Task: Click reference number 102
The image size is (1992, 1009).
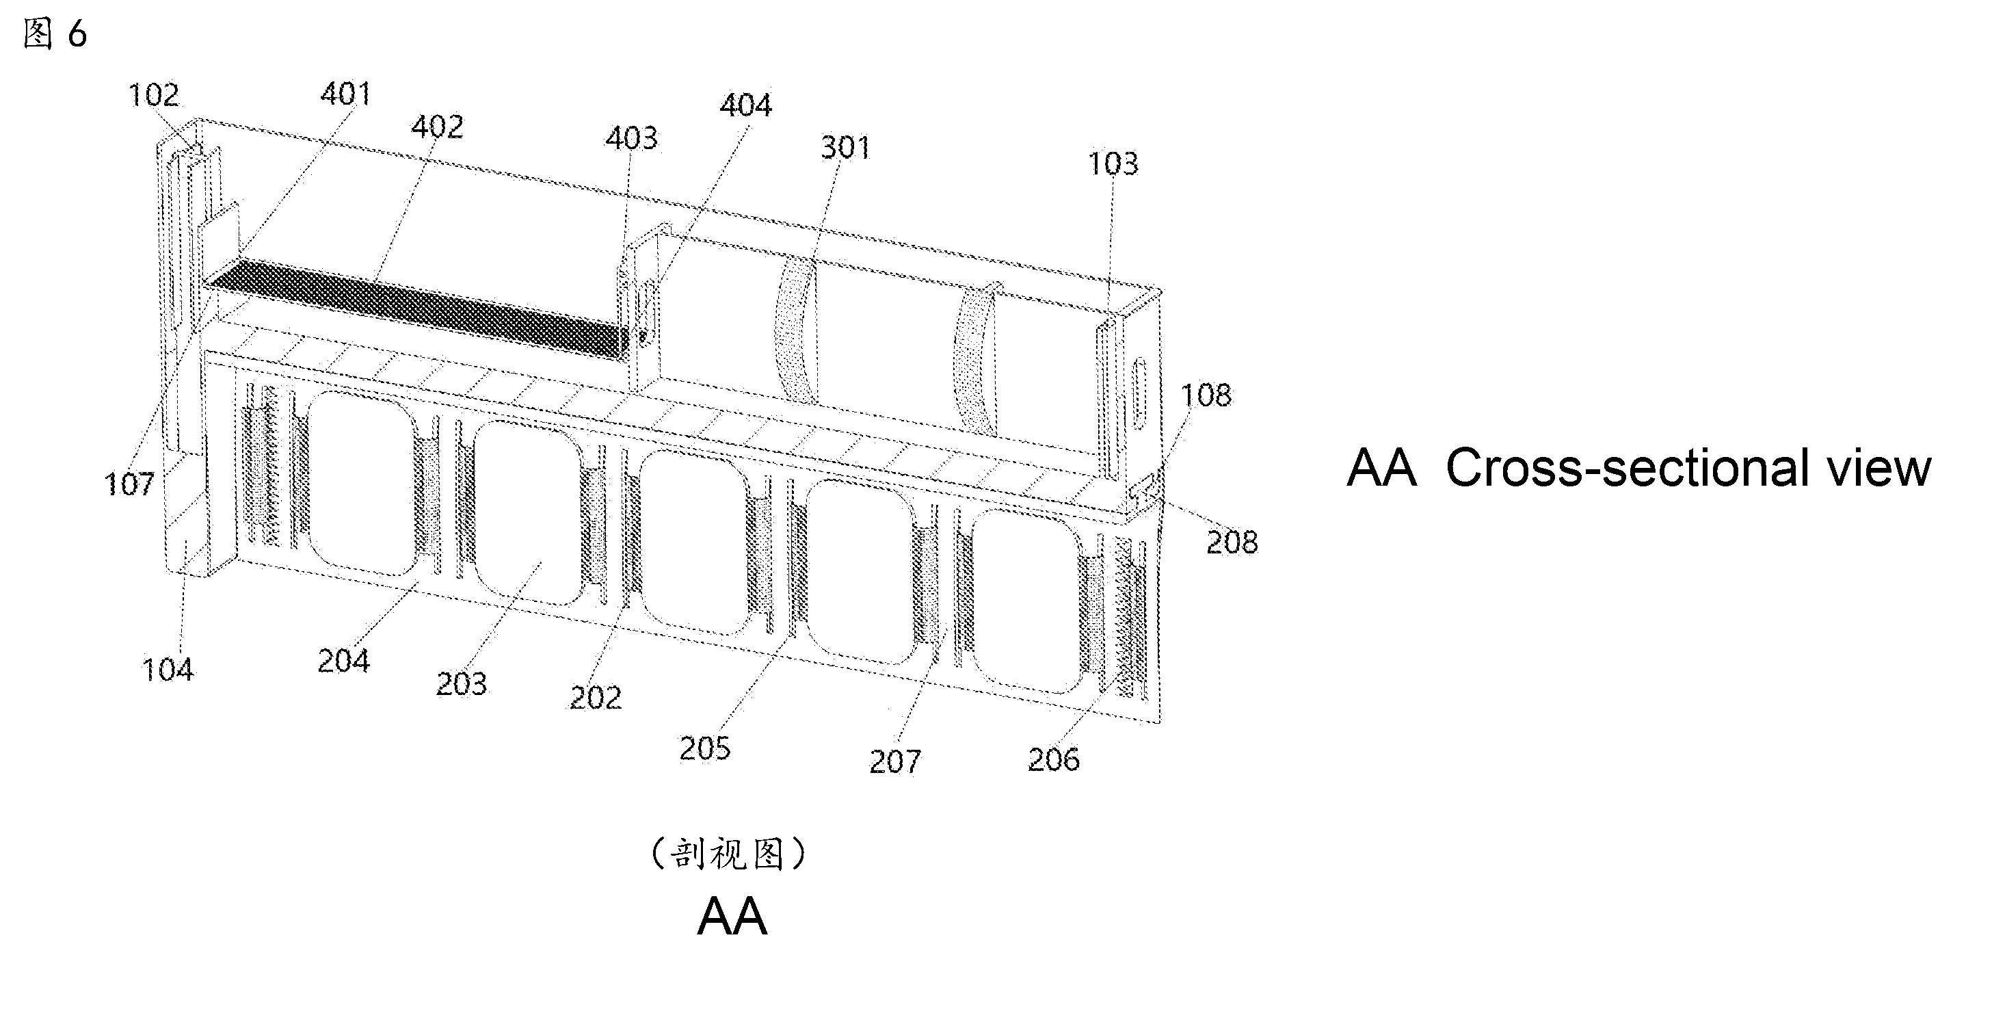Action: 154,95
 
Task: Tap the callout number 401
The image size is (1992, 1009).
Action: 345,94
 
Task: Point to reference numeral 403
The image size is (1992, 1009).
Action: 631,137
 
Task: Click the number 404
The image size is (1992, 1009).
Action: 745,105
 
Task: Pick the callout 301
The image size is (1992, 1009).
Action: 845,147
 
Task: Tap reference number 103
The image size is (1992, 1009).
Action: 1113,163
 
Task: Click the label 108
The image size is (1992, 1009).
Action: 1206,395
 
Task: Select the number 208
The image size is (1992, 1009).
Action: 1232,542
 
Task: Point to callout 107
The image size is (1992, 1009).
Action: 129,484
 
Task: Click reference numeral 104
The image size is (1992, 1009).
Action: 168,669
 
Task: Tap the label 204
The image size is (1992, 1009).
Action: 343,661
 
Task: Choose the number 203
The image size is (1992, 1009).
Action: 462,683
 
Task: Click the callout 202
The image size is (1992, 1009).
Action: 596,698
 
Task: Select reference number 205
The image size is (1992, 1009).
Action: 704,748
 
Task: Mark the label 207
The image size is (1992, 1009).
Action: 894,762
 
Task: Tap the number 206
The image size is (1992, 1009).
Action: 1053,760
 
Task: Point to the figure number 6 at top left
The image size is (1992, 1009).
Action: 77,34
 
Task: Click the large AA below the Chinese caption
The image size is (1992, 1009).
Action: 732,916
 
